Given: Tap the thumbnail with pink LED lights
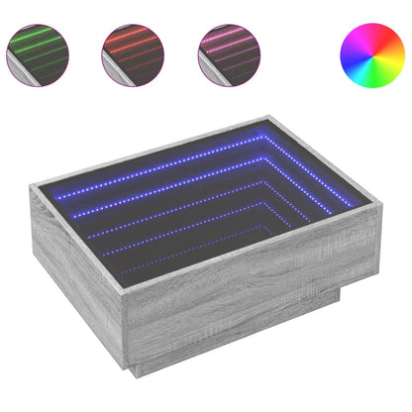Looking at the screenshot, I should click(229, 53).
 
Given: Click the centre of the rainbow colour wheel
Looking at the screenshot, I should click(371, 53).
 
